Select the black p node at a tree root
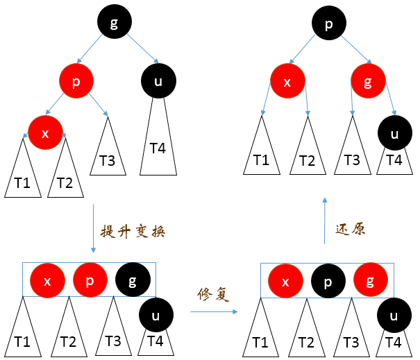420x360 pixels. [x=328, y=23]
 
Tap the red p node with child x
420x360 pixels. [x=76, y=80]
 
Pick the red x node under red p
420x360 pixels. [x=45, y=133]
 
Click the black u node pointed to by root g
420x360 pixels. [x=158, y=81]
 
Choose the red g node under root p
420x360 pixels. [x=367, y=80]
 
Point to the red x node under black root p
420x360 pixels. [x=288, y=80]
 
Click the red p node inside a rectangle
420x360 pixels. [x=90, y=280]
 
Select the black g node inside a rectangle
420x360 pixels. [x=133, y=280]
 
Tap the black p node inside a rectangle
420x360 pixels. [x=328, y=280]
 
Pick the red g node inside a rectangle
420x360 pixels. [x=371, y=280]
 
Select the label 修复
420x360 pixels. [x=212, y=295]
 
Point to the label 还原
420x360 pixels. [x=350, y=230]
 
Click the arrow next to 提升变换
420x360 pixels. [x=92, y=229]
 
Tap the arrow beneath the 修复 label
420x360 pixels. [x=212, y=311]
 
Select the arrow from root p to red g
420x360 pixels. [x=349, y=50]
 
